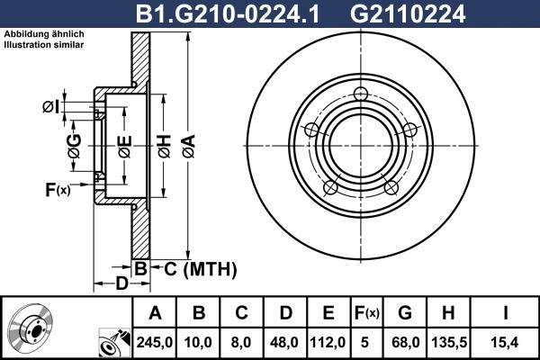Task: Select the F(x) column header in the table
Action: (x=366, y=313)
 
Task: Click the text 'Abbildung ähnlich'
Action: (x=44, y=33)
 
